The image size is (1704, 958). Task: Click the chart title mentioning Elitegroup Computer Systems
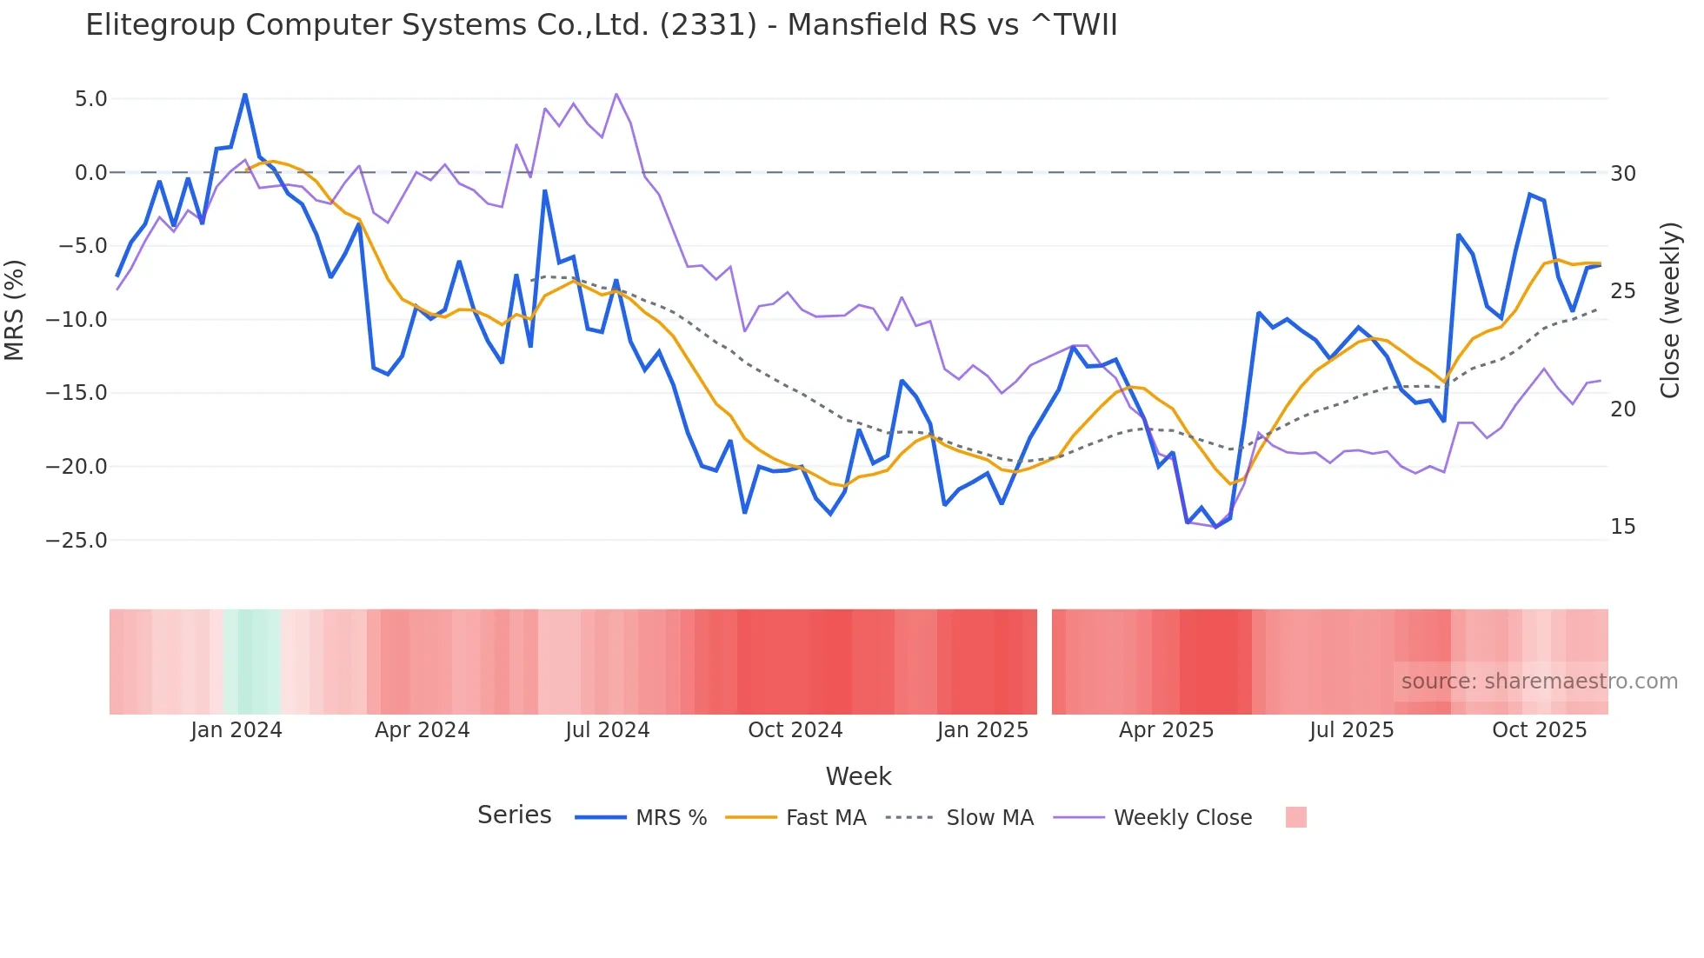click(601, 25)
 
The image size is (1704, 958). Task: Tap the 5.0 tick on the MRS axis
click(90, 99)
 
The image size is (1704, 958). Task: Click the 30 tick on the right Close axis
click(1622, 174)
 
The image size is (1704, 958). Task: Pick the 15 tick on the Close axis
click(1622, 527)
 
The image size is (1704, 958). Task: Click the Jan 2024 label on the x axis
click(236, 730)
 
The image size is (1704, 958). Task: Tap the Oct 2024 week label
click(795, 730)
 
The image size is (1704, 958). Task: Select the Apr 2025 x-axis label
click(1166, 730)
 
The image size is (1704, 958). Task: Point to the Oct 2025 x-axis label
click(1539, 730)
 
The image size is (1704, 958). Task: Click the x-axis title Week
click(858, 776)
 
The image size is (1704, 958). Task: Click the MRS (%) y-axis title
click(15, 310)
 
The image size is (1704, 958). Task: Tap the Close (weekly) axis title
click(1670, 310)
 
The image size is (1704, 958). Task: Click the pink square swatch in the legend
click(1295, 818)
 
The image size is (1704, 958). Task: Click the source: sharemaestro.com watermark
click(1539, 682)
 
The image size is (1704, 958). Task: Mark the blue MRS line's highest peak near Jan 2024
click(245, 95)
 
